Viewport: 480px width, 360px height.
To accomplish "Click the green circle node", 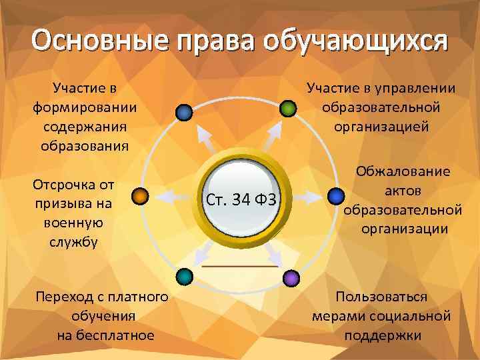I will [287, 109].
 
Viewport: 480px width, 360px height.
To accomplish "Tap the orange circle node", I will [139, 196].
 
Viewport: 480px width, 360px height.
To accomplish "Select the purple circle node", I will [290, 277].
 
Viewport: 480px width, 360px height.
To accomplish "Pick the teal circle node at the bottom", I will [185, 276].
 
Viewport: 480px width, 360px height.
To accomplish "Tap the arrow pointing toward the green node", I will [271, 136].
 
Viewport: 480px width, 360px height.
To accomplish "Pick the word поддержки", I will [383, 335].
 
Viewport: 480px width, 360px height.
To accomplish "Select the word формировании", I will [84, 107].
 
